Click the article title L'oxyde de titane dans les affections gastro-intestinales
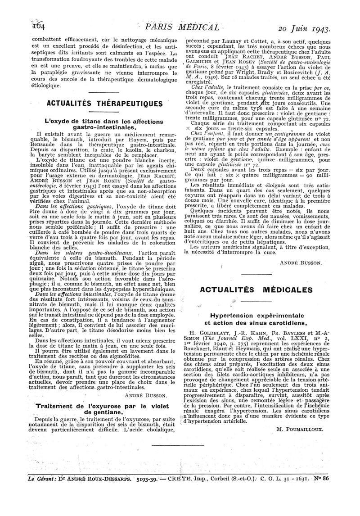(98, 125)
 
